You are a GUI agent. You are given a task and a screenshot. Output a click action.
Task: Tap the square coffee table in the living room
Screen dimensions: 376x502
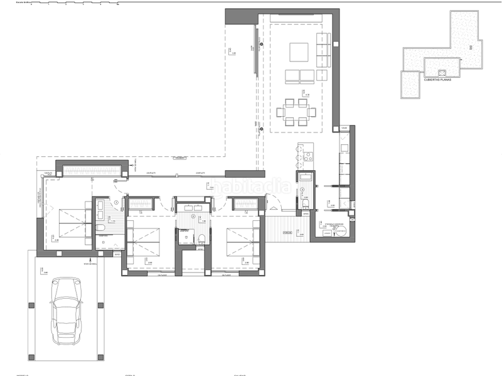coord(298,51)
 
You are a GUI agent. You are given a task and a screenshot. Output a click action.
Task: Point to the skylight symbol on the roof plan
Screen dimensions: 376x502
coord(442,72)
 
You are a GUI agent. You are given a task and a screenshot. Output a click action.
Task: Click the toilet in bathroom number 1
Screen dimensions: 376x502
coord(102,230)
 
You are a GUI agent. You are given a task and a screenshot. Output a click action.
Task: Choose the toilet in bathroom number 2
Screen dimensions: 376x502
coord(201,237)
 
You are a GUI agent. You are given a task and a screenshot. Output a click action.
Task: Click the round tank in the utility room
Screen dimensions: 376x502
coord(341,230)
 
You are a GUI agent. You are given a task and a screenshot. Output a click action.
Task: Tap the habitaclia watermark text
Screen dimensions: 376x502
coord(251,186)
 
